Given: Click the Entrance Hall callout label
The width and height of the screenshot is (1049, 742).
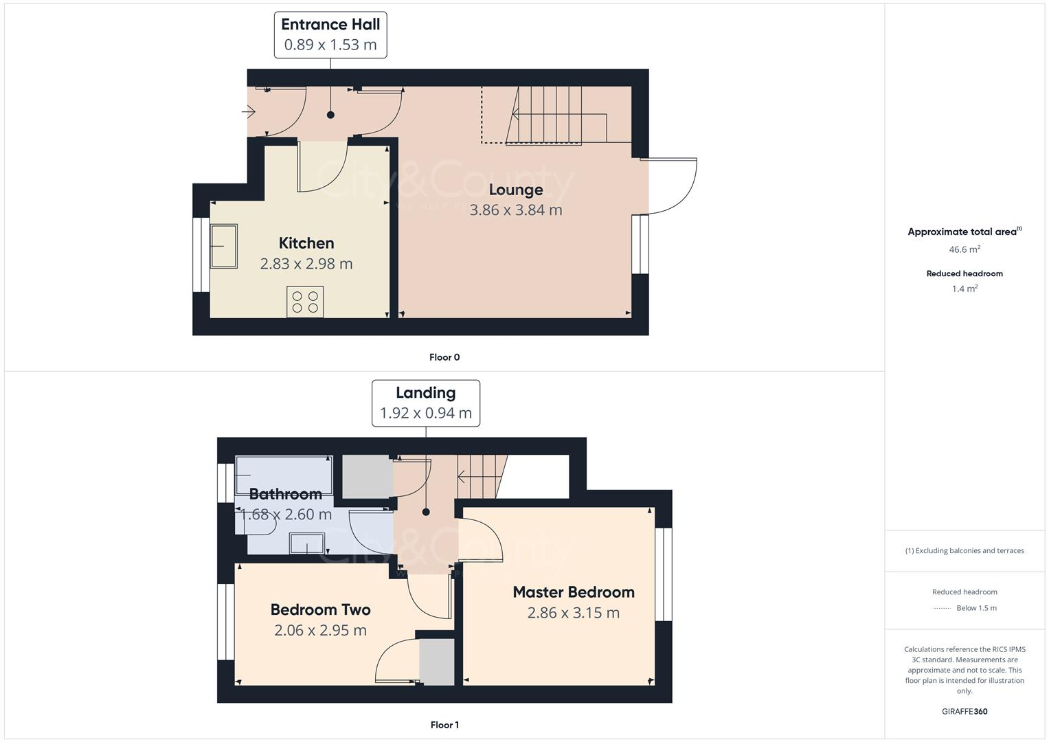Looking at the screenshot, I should point(330,34).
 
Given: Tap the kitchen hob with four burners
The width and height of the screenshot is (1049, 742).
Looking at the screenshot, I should point(305,302).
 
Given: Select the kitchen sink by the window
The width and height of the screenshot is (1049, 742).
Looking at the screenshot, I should point(224,246).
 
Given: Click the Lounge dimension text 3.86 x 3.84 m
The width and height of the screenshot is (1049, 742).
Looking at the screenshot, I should point(515,210).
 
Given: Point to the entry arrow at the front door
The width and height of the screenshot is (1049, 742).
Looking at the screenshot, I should point(249,111).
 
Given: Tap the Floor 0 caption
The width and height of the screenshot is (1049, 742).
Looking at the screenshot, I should point(444,357).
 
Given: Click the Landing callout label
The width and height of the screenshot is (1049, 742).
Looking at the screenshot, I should point(425,403).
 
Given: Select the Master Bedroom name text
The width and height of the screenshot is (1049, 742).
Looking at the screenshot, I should point(574,592).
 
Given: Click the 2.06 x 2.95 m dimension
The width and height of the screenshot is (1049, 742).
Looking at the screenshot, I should point(320,630).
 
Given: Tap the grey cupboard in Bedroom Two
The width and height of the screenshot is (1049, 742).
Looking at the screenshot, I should point(437,662).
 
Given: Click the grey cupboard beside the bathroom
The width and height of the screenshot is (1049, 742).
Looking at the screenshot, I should point(367,477).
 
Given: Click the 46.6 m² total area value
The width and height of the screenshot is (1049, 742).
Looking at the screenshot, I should point(965,249).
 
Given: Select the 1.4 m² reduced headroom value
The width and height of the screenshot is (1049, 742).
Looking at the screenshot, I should point(965,289).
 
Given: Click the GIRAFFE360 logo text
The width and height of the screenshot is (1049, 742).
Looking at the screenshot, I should point(965,712).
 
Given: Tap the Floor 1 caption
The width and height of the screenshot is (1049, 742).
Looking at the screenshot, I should point(444,725).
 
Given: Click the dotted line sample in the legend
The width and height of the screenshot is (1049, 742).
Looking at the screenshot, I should point(942,608).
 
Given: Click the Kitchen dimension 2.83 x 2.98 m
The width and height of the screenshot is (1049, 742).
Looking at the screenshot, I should point(306,264).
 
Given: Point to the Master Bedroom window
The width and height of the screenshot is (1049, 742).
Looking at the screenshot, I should point(664,574).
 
